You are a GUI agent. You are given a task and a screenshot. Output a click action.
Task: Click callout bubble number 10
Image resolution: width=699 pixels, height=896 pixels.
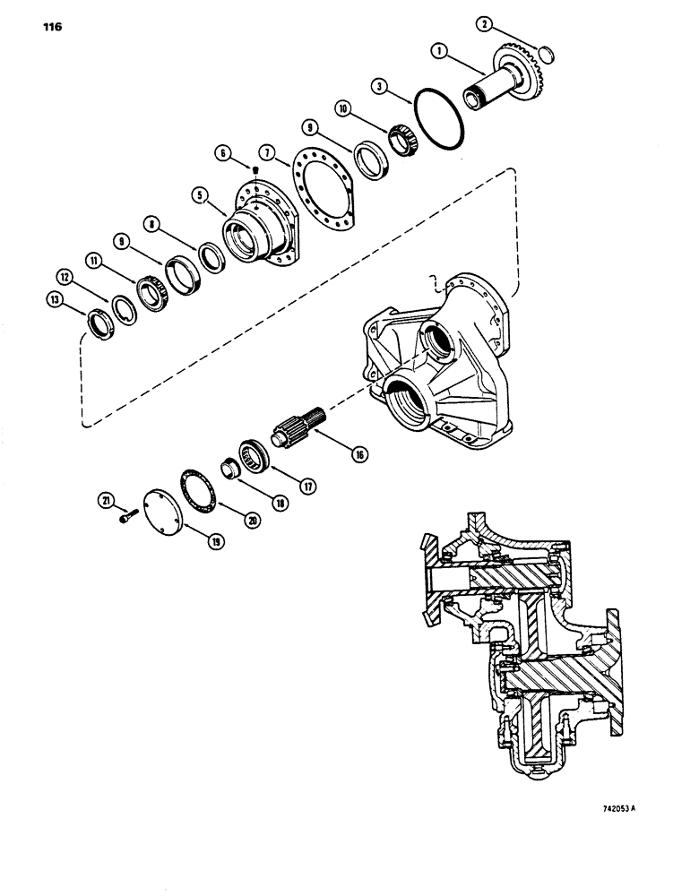[x=341, y=107]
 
